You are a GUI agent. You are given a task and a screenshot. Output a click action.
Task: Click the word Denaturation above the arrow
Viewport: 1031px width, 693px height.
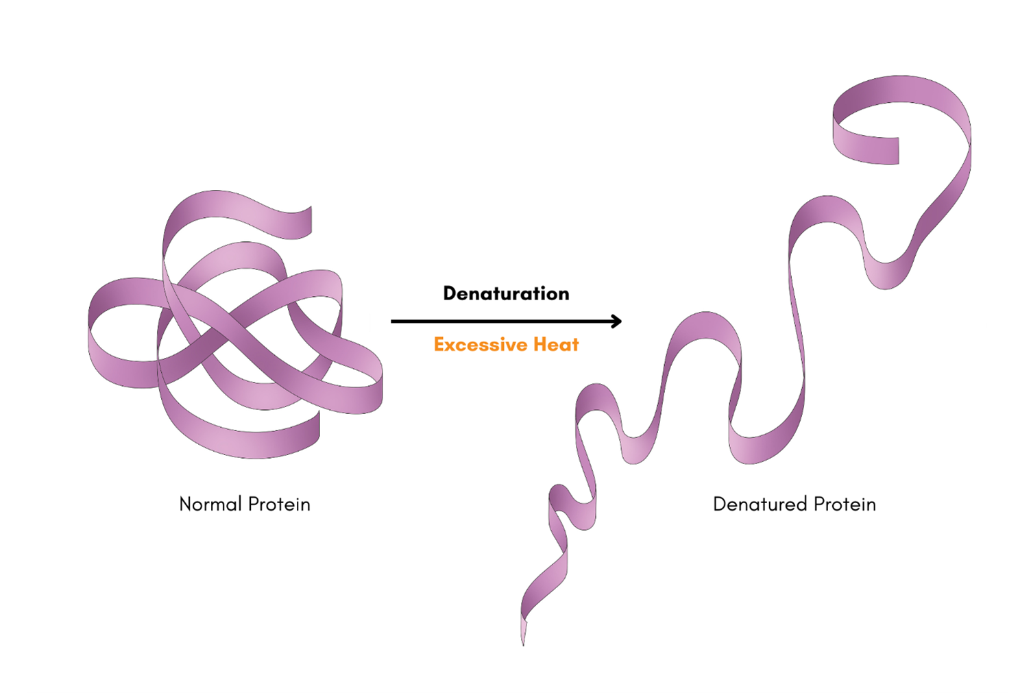tap(506, 293)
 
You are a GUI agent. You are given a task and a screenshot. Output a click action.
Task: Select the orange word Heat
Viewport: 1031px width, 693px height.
tap(556, 344)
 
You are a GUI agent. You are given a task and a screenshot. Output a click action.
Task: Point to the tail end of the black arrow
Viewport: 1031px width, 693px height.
tap(393, 321)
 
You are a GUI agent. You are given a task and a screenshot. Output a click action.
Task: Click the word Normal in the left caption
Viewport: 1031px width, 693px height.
tap(210, 504)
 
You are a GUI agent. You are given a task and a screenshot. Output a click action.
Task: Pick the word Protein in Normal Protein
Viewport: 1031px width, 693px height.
tap(279, 504)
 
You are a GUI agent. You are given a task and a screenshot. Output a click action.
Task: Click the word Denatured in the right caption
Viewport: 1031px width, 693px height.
tap(760, 504)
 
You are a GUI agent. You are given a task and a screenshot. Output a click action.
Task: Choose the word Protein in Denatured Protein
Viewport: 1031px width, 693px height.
tap(845, 504)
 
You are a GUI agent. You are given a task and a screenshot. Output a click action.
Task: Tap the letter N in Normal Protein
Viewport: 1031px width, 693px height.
tap(185, 504)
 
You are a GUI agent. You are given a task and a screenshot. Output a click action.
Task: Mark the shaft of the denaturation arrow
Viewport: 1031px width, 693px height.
tap(500, 321)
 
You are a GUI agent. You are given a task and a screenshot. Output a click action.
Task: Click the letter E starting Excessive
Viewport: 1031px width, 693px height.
tap(440, 344)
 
